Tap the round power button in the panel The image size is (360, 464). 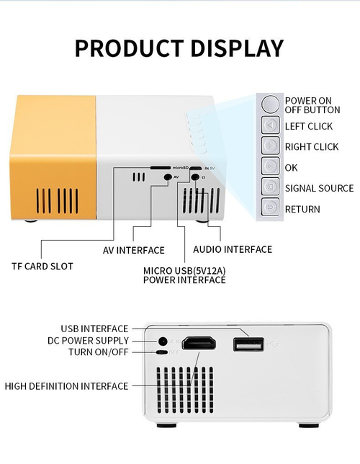click(269, 104)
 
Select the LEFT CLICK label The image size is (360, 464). click(308, 126)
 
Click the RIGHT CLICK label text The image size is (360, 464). click(311, 147)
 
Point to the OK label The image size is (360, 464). click(291, 168)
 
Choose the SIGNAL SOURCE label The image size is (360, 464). click(319, 188)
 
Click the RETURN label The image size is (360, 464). click(302, 209)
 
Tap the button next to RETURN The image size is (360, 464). click(269, 208)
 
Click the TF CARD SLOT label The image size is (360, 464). click(42, 266)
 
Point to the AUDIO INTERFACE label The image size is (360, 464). click(233, 249)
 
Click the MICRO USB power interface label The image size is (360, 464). click(184, 275)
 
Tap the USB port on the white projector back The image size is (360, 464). click(248, 344)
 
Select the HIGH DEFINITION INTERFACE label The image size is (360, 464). click(66, 386)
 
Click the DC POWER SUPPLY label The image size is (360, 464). click(88, 340)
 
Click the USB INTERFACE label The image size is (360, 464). click(94, 329)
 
